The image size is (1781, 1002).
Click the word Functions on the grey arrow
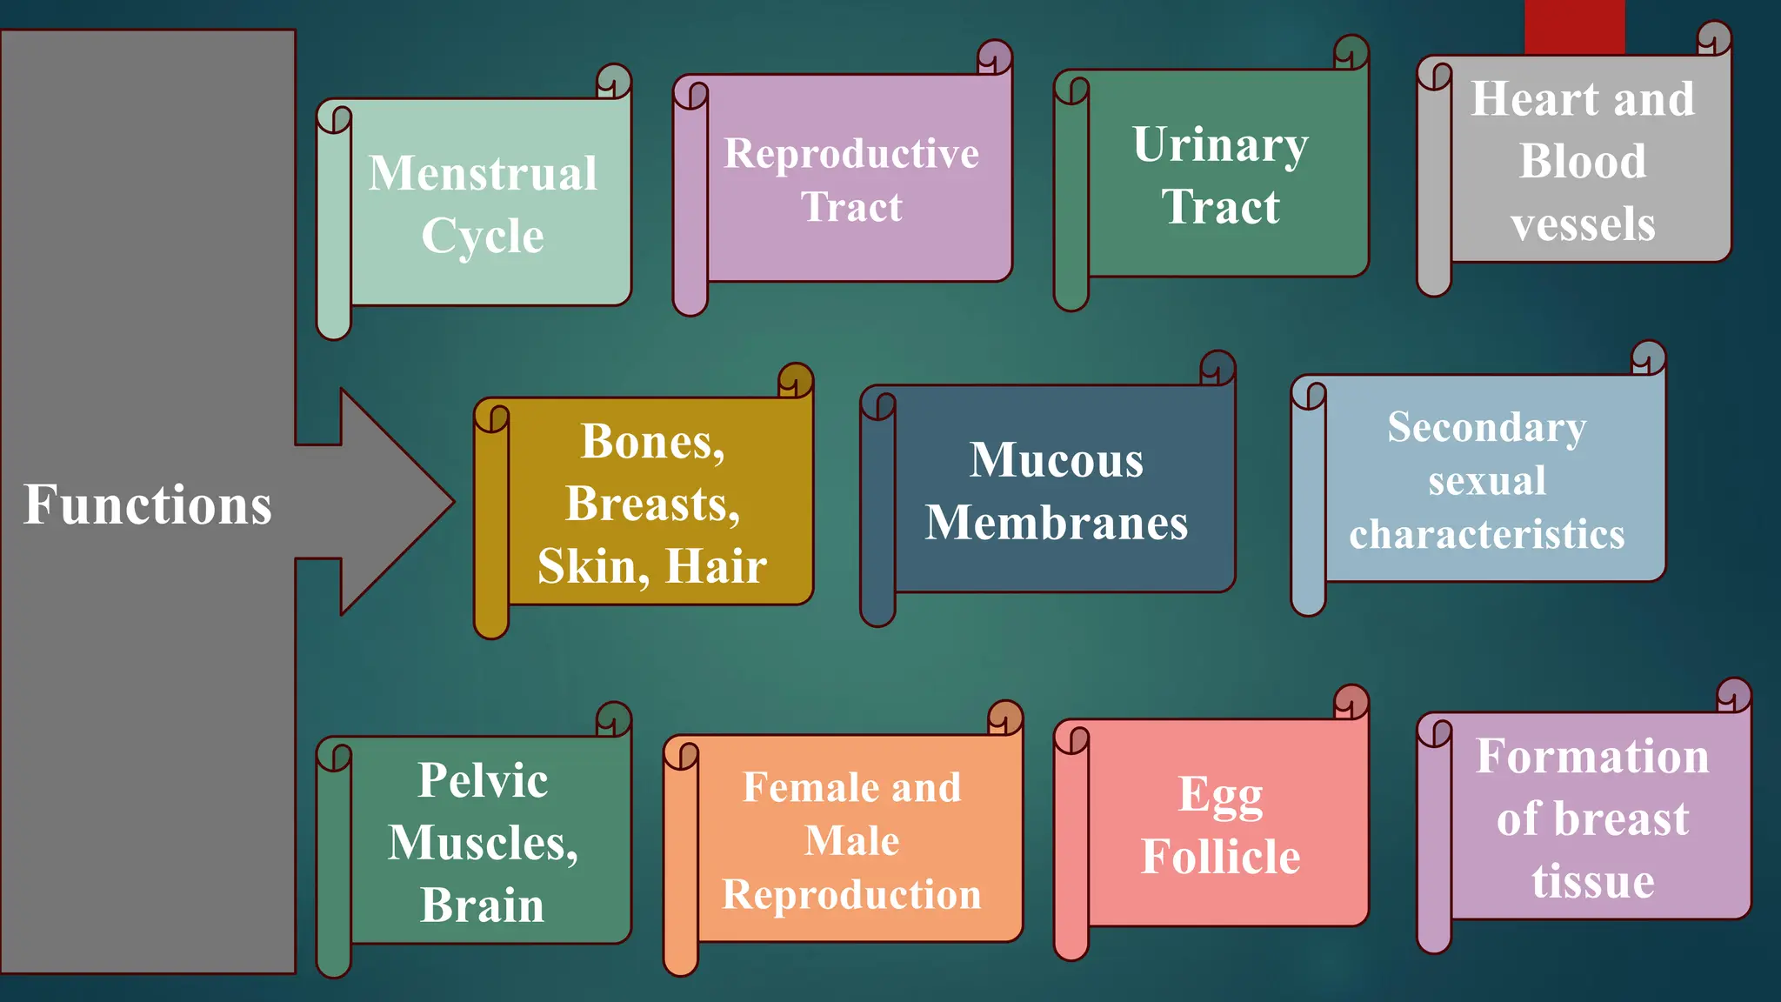coord(147,504)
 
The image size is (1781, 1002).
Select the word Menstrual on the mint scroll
coord(483,173)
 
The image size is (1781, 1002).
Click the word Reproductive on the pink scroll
coord(851,154)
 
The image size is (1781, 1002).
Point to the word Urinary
coord(1220,145)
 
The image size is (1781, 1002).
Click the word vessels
coord(1583,224)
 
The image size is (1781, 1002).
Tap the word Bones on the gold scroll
coord(651,442)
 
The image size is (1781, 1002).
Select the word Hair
coord(717,566)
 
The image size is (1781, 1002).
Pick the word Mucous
coord(1057,460)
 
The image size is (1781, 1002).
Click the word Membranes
coord(1057,523)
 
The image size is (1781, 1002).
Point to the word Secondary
coord(1486,428)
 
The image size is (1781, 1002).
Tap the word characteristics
coord(1486,534)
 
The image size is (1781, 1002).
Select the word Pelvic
coord(483,780)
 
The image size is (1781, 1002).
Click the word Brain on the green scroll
coord(483,905)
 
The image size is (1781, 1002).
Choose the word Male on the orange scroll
coord(851,841)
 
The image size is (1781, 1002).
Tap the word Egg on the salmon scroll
coord(1220,795)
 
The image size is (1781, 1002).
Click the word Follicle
coord(1220,857)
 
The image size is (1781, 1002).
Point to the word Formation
coord(1592,756)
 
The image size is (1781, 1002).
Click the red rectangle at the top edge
coord(1574,26)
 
